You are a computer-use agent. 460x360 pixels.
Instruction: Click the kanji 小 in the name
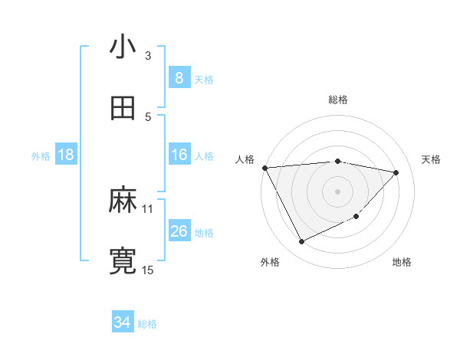tap(123, 47)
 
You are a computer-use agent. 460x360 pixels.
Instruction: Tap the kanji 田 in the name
tap(123, 109)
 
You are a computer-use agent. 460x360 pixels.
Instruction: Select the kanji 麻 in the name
tap(123, 201)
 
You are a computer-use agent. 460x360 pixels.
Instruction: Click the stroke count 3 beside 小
tap(148, 55)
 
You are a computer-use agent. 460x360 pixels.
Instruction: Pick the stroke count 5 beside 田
tap(148, 116)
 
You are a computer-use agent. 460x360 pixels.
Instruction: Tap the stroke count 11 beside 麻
tap(148, 208)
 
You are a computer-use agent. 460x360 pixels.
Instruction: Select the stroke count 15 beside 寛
tap(148, 270)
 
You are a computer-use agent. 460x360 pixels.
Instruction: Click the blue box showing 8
tap(179, 77)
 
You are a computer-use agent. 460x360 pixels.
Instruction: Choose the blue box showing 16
tap(179, 155)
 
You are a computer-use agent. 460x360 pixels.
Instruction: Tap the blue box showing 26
tap(179, 231)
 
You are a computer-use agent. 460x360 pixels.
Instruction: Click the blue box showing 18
tap(66, 155)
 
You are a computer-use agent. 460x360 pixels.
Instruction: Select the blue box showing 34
tap(122, 322)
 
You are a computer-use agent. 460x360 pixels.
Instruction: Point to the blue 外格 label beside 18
tap(41, 155)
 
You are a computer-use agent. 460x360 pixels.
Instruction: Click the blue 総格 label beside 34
tap(147, 324)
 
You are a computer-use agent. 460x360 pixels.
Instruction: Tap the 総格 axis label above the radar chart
tap(338, 100)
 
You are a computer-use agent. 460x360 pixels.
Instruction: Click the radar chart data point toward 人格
tap(264, 168)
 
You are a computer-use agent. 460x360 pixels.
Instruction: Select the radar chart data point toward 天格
tap(396, 172)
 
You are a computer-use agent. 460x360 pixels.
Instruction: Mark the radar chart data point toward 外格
tap(301, 242)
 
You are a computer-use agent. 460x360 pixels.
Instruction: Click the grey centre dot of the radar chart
tap(337, 191)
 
